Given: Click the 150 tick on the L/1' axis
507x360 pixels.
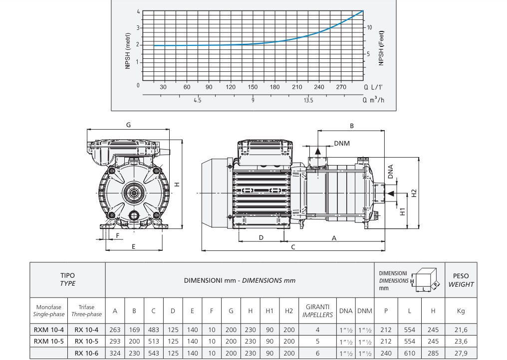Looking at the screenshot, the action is pyautogui.click(x=253, y=87).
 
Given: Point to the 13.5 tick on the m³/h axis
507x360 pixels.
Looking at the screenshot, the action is pyautogui.click(x=308, y=100).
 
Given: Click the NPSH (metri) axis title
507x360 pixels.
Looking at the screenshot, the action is pyautogui.click(x=128, y=51).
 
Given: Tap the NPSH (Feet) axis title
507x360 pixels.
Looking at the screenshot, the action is pyautogui.click(x=381, y=48).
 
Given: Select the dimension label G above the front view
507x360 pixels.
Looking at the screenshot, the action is pyautogui.click(x=128, y=125).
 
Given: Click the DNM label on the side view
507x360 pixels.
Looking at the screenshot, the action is pyautogui.click(x=342, y=143).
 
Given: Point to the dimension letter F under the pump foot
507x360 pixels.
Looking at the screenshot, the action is pyautogui.click(x=118, y=235).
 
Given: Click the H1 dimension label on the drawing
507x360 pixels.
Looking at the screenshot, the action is pyautogui.click(x=403, y=212).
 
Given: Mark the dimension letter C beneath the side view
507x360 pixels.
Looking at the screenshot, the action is pyautogui.click(x=293, y=247).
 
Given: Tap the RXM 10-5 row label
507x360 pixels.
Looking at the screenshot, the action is pyautogui.click(x=49, y=341).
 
